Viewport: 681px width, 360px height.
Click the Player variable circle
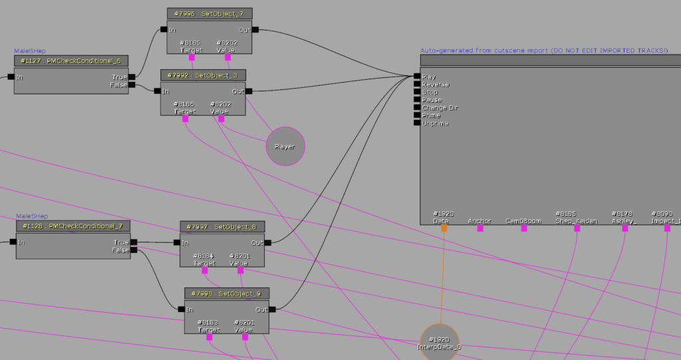pos(285,146)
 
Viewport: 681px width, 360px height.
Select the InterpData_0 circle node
pos(440,343)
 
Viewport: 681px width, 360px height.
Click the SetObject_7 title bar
pos(209,13)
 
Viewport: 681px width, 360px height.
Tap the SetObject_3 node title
pos(203,75)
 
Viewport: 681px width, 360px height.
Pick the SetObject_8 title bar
pos(222,227)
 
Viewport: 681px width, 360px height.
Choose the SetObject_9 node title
pos(227,293)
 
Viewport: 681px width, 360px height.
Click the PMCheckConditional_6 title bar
pos(70,61)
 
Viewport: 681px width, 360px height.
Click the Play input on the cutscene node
pos(417,77)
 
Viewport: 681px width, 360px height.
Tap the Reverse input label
pos(435,85)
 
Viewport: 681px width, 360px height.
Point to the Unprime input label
pos(435,123)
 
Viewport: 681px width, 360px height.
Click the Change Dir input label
pos(440,108)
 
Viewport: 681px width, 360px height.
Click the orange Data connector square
pos(444,228)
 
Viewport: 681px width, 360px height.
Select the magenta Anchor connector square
pos(479,228)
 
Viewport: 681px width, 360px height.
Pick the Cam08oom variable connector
pos(523,228)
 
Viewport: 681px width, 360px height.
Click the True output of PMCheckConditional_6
pos(132,77)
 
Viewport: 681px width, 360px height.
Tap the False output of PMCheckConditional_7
pos(134,250)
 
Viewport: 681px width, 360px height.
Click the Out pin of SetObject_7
pos(255,29)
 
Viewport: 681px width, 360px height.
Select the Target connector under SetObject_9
pos(209,337)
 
